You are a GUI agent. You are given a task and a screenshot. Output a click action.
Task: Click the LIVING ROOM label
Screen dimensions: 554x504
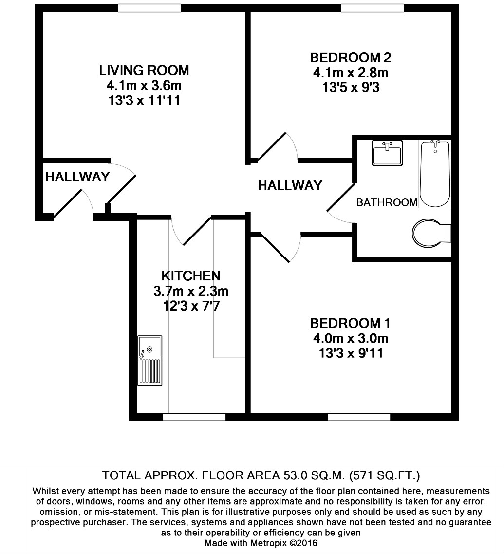(144, 70)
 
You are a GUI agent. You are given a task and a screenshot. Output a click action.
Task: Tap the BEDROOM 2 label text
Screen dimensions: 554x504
(351, 58)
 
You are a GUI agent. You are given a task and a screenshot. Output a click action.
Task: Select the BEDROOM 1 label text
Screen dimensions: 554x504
(351, 323)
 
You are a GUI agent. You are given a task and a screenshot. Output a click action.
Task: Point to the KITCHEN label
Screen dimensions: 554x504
(191, 276)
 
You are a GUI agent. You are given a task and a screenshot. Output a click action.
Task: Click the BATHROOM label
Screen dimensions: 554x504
(387, 202)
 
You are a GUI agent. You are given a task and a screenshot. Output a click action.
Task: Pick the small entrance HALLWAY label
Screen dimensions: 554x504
(77, 177)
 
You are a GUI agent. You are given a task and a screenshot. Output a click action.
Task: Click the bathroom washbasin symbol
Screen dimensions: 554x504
(387, 153)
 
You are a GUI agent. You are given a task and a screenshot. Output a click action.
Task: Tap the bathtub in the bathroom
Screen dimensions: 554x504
(435, 174)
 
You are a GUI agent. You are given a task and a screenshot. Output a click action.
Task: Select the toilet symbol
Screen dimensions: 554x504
(430, 233)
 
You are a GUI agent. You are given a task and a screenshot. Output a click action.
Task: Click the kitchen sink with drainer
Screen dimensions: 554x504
(149, 360)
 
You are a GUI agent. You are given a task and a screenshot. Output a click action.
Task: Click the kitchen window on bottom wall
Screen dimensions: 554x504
(194, 417)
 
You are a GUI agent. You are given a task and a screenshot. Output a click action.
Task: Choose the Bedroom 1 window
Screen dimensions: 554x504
(358, 417)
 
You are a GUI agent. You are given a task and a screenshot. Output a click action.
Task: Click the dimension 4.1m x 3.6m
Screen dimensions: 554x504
(144, 86)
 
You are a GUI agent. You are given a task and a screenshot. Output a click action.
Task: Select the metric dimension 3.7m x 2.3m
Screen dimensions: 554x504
(191, 292)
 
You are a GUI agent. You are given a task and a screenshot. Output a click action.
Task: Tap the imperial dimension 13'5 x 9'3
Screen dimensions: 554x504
(351, 88)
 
